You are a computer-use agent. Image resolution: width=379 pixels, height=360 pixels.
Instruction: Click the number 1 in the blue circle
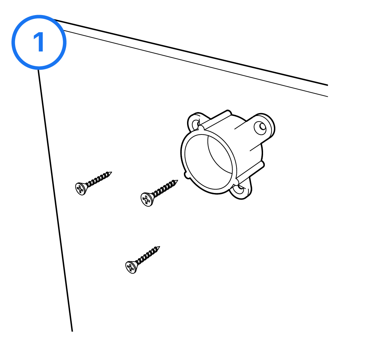point(39,42)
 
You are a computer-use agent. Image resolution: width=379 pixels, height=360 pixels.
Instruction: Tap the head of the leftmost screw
point(81,189)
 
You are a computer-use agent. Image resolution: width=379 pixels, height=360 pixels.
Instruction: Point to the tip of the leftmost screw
point(111,172)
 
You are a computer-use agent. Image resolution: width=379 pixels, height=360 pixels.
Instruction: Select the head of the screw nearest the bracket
point(146,199)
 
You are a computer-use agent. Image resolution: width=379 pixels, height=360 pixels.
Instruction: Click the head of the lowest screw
point(131,267)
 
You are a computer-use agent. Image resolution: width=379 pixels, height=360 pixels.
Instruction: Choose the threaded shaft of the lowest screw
point(147,255)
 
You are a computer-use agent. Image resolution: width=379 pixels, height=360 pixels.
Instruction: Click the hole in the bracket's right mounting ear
point(262,126)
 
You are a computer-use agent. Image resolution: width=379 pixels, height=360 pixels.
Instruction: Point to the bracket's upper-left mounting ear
point(194,121)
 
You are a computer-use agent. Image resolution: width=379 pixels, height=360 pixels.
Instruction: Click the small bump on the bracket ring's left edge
point(186,175)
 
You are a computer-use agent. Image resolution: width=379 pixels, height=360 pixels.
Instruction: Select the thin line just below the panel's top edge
point(195,63)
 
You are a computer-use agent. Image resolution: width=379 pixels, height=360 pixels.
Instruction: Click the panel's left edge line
point(55,200)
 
